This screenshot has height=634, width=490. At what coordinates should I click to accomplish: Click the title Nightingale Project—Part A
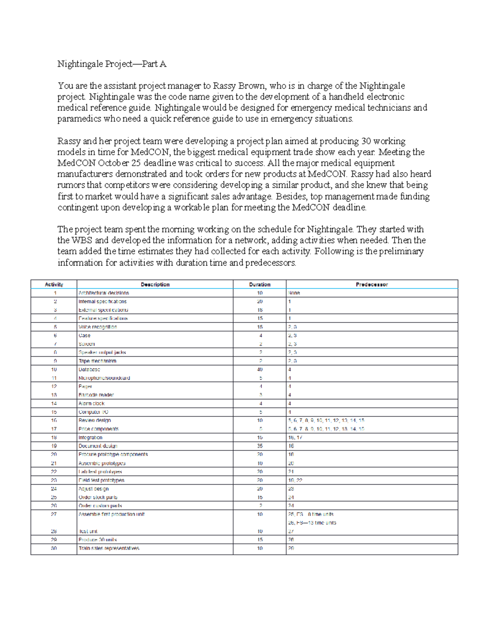coord(111,64)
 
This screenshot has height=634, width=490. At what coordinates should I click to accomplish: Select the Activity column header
coord(54,285)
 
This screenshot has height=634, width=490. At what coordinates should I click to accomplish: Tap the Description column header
coord(155,285)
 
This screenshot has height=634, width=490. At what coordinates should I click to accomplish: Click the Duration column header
coord(260,285)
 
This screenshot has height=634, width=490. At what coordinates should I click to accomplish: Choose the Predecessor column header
coord(372,285)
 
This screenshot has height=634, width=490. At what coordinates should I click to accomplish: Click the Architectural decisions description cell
coord(104,293)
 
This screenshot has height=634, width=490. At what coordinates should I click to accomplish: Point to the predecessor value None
coord(294,293)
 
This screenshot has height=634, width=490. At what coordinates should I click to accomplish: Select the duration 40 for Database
coord(260,369)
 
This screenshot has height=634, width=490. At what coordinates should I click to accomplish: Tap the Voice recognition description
coord(98,327)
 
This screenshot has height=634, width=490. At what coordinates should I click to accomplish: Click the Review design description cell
coord(95,420)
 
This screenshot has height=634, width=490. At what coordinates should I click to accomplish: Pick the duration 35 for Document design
coord(260,446)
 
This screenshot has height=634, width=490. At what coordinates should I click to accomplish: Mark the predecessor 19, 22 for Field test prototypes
coord(295,481)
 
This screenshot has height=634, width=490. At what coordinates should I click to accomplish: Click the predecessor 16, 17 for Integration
coord(295,438)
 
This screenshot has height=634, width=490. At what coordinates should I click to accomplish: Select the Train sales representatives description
coord(109,548)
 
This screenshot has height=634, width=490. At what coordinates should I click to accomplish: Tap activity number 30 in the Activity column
coord(54,548)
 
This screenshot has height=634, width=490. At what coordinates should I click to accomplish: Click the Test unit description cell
coord(88,532)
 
